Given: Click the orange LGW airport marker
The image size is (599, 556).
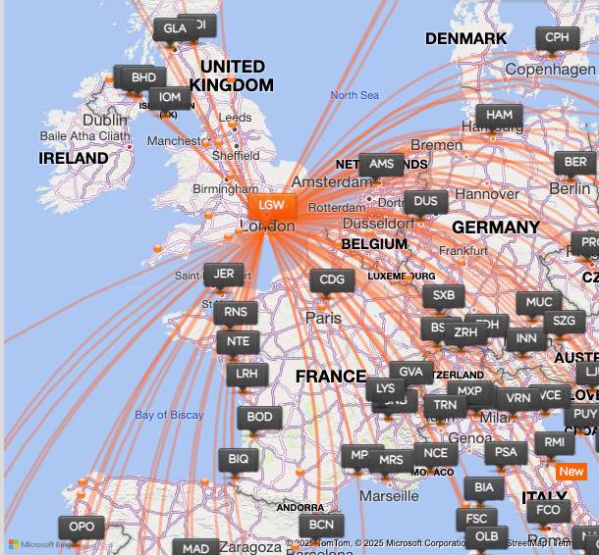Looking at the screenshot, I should click(272, 206).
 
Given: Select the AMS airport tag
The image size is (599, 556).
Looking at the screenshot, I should click(381, 165).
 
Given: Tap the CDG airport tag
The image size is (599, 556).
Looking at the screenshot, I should click(333, 280).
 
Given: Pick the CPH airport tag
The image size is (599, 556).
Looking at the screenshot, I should click(557, 38).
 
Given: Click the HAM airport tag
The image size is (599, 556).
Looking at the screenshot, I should click(499, 115).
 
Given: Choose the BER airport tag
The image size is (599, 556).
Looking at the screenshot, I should click(575, 163).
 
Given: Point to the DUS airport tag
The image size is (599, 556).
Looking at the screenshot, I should click(425, 202).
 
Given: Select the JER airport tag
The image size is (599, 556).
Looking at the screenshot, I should click(224, 275).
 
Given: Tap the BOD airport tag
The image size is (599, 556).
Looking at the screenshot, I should click(259, 418).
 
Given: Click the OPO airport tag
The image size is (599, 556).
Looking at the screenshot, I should click(82, 528).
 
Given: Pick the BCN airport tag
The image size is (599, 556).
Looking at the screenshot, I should click(321, 525).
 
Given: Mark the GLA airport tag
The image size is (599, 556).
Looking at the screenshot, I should click(174, 29).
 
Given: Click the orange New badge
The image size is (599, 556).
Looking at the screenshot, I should click(571, 472).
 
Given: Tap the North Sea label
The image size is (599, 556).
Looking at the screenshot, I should click(354, 95).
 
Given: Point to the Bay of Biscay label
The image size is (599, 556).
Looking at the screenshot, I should click(169, 415).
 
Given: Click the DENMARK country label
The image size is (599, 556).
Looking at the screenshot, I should click(465, 39).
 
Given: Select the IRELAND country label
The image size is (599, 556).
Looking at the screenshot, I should click(74, 158).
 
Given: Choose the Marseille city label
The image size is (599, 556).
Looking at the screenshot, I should click(389, 496).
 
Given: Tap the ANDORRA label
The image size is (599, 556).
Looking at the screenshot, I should click(299, 508).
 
